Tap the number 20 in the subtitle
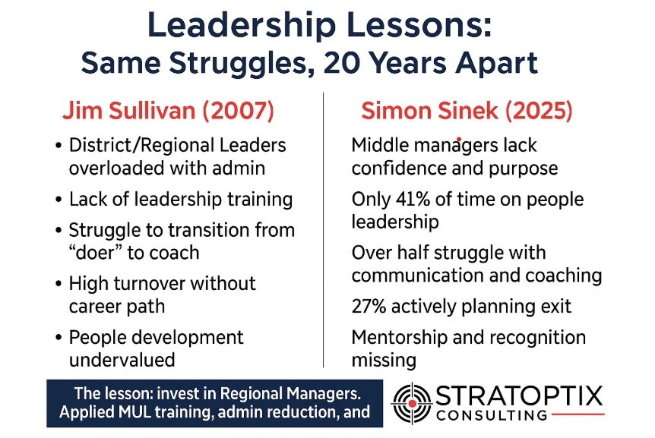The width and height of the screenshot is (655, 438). [x=342, y=63]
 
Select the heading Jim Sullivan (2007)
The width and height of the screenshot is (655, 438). [x=169, y=111]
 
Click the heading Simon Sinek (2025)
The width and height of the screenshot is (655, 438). [x=467, y=111]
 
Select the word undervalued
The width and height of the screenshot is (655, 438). [x=122, y=360]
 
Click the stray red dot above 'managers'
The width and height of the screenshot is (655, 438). [x=459, y=139]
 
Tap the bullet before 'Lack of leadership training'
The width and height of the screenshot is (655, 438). [x=59, y=200]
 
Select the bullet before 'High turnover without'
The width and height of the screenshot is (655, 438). [x=59, y=284]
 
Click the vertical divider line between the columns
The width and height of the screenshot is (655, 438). [x=324, y=230]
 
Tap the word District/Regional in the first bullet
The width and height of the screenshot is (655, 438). [x=141, y=145]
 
